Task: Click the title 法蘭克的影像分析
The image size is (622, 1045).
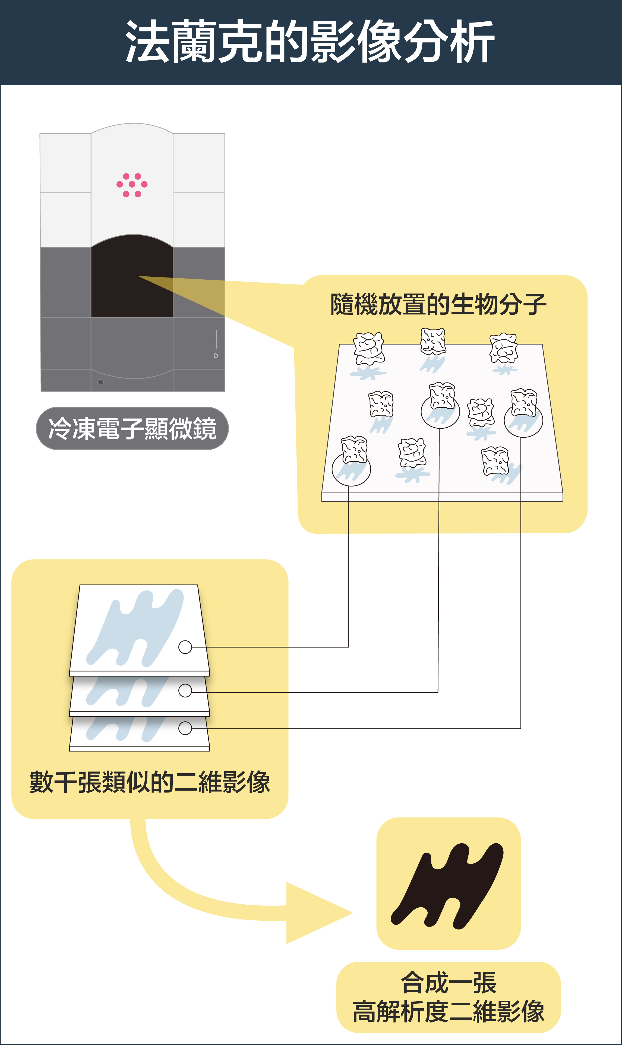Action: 310,42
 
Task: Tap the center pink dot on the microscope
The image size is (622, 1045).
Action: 132,184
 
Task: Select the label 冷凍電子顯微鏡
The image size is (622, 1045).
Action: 132,428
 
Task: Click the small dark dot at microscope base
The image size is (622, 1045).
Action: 101,382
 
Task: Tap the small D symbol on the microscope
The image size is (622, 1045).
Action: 216,356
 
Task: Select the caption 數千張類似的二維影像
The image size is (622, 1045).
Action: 150,782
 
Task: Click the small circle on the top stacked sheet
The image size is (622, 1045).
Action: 185,647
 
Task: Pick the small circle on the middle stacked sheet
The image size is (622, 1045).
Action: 185,690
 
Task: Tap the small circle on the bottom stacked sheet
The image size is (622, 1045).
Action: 185,728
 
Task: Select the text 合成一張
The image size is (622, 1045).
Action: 449,983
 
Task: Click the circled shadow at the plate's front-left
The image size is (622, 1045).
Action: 351,469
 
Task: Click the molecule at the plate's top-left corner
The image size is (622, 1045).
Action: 369,348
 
